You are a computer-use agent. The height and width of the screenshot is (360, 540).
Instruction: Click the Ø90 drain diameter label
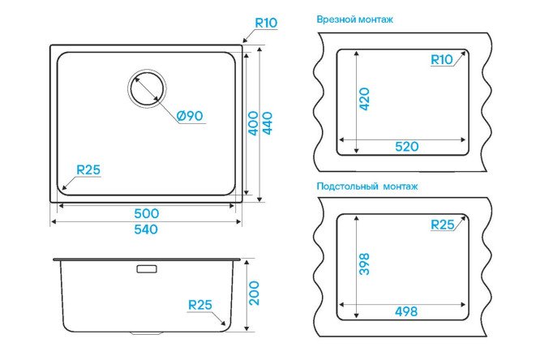coord(190,116)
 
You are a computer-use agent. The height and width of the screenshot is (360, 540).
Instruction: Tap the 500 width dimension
coord(147,213)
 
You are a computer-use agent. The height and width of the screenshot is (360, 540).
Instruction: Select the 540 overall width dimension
coord(146,229)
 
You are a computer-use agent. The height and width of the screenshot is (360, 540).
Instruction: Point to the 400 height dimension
coord(253,123)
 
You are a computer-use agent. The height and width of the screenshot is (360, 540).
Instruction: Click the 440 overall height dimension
coord(268,123)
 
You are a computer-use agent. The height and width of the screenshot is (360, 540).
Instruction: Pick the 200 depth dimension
coord(254,294)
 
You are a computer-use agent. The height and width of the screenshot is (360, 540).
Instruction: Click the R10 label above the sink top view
coord(266,23)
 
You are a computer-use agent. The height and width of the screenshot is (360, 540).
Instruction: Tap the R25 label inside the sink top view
coord(88,169)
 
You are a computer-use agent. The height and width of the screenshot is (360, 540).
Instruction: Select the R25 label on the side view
coord(200,305)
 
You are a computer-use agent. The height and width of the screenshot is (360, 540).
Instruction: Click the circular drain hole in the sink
coord(147,88)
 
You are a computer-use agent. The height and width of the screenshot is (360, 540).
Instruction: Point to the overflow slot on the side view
coord(147,268)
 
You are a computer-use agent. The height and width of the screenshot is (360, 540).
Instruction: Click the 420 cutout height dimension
coord(364,99)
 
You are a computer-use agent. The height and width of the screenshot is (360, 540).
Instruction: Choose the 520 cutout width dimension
coord(407,147)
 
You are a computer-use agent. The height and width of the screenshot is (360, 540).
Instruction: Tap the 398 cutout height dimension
coord(364,264)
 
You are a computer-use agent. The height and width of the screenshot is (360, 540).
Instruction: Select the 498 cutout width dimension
coord(406,312)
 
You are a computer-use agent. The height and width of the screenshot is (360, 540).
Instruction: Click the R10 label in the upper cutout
coord(442,60)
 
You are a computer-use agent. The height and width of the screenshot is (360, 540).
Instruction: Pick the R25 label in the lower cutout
coord(443,225)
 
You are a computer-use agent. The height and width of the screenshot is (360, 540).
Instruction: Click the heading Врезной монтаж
coord(354,19)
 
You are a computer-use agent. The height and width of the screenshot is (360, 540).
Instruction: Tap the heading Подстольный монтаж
coord(367,186)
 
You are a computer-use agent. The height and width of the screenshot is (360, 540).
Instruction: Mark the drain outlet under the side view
coord(147,333)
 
